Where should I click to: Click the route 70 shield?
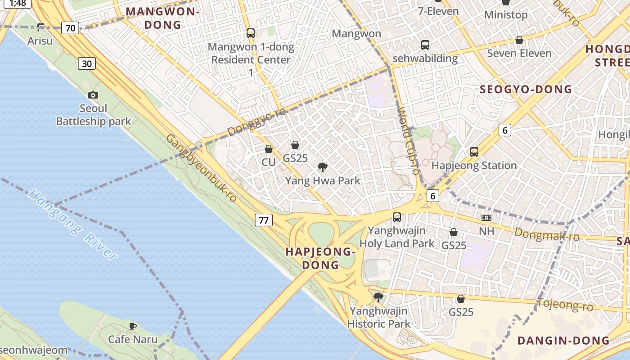click(x=70, y=28)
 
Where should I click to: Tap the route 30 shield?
click(x=87, y=63)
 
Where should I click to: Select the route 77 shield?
click(x=264, y=220)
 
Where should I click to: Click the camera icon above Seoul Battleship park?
click(x=93, y=95)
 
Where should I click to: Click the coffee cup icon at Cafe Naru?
click(x=132, y=326)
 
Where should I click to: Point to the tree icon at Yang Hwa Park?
click(x=322, y=168)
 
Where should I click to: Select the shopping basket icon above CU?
click(x=269, y=149)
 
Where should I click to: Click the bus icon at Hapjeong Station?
click(x=474, y=152)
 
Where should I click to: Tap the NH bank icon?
click(x=486, y=218)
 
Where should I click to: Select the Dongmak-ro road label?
click(x=546, y=234)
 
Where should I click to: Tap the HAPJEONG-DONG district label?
click(x=320, y=258)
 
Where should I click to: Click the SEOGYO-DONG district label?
click(x=526, y=89)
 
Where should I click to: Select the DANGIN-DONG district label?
click(x=563, y=341)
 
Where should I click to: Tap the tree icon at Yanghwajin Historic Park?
click(x=378, y=297)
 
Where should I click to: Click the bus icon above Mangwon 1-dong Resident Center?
click(x=251, y=33)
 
